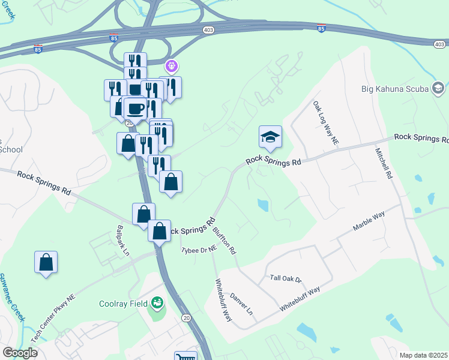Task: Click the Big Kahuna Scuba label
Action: (395, 89)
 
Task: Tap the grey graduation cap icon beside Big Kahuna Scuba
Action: (438, 89)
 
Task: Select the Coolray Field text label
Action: (124, 303)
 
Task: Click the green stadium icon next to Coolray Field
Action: (157, 303)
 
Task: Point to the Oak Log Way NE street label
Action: (326, 123)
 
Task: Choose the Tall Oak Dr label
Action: (285, 278)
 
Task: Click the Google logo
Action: (20, 353)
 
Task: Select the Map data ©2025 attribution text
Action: (423, 355)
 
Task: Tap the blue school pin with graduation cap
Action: (270, 137)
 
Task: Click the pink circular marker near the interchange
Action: (172, 65)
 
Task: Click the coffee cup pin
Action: (136, 108)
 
